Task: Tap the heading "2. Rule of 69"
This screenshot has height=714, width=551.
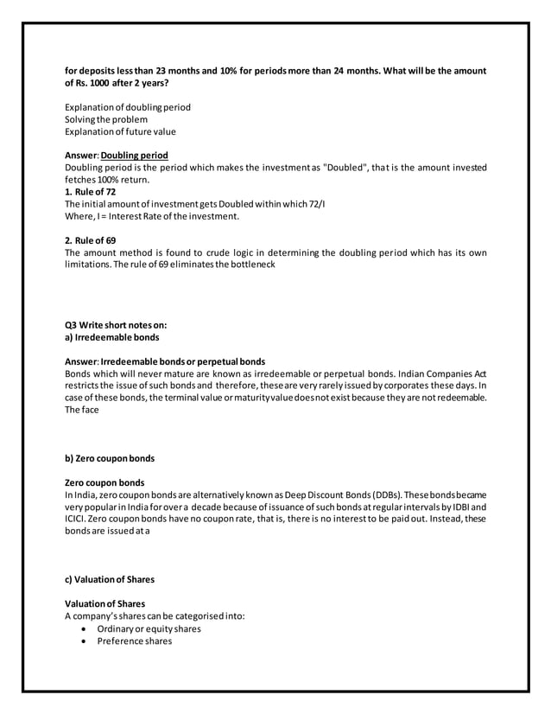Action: point(91,239)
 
